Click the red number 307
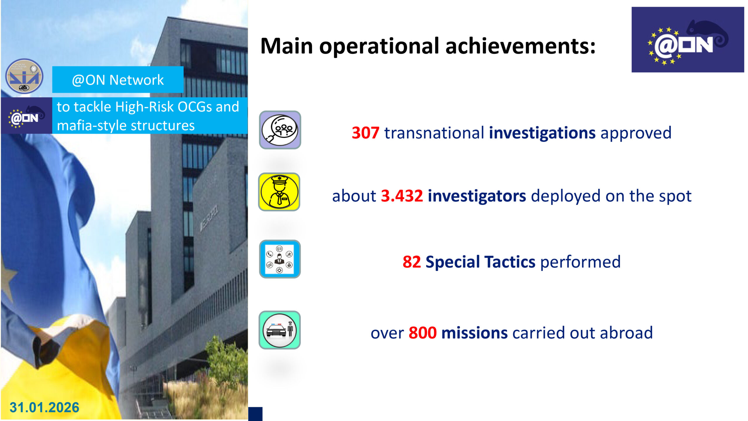coord(366,133)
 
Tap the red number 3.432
coord(402,196)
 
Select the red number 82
coord(412,262)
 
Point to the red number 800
coord(423,333)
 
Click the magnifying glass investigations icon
coord(280,130)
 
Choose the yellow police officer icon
coord(279,192)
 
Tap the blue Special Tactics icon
coord(280,259)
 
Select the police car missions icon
coord(280,330)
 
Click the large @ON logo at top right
coord(688,40)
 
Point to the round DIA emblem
coord(25,76)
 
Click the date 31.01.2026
coord(44,408)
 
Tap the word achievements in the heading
coord(520,46)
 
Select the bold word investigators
coord(477,196)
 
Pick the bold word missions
coord(475,333)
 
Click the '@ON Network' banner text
coord(118,80)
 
